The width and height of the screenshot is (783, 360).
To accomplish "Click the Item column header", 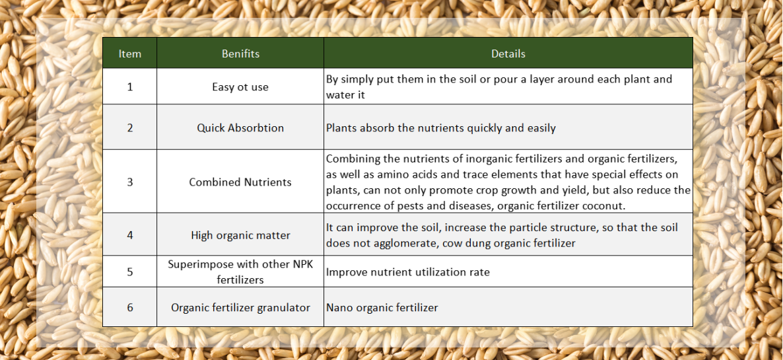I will (x=129, y=54).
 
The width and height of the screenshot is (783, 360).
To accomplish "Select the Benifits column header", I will (x=240, y=54).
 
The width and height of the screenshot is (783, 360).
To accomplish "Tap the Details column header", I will (x=508, y=54).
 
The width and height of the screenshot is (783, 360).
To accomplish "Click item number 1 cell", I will (x=129, y=87).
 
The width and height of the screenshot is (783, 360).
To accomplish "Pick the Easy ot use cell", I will (x=240, y=87).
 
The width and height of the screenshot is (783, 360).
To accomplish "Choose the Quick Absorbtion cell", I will (x=240, y=128).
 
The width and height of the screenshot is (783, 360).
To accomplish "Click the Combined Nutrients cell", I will (x=240, y=182).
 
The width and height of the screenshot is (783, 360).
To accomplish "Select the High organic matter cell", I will (x=240, y=235).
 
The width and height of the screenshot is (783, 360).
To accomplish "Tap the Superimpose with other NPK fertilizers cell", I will (x=240, y=272).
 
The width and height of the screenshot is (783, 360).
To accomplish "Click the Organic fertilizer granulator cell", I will (x=240, y=307).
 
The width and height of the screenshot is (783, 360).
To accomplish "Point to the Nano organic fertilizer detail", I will (x=382, y=307).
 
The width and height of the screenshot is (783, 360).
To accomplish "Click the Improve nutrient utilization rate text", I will (x=407, y=272).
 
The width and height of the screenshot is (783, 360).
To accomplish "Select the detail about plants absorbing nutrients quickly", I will (x=440, y=128).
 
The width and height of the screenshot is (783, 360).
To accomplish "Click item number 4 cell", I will (x=129, y=234).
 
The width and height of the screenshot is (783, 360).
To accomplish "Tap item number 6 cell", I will (x=129, y=307).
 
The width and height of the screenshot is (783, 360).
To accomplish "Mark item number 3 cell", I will (x=129, y=182).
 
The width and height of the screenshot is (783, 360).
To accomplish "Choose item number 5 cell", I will (x=129, y=271).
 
